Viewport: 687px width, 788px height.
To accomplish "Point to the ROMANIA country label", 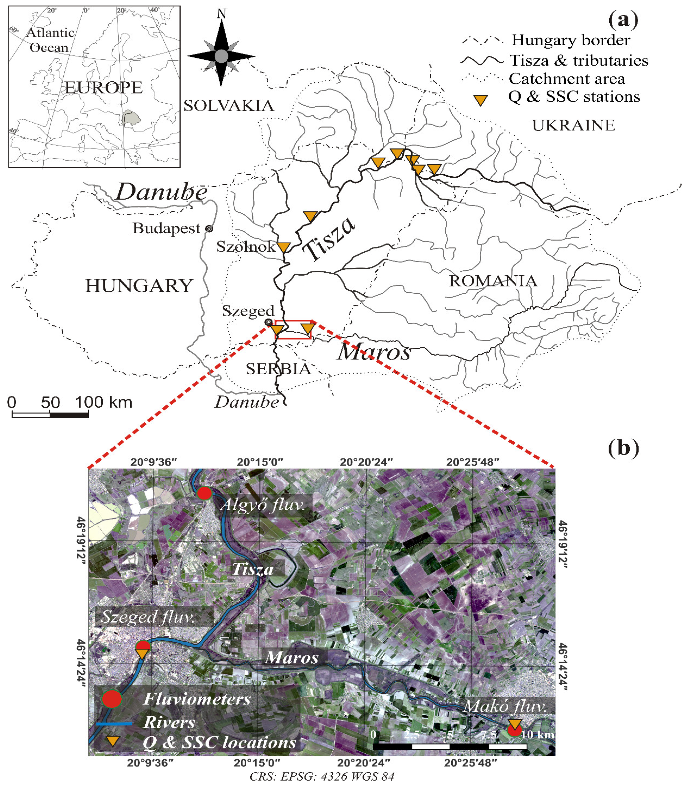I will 493,281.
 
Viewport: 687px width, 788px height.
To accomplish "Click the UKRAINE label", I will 573,125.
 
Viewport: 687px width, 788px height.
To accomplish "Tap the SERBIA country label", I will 278,369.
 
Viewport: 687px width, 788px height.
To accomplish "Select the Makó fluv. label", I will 504,706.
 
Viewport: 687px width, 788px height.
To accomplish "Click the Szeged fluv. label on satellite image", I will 148,617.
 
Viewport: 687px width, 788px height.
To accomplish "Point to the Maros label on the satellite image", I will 292,657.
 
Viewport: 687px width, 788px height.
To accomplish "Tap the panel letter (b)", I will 623,448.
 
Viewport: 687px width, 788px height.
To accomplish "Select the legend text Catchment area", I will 567,79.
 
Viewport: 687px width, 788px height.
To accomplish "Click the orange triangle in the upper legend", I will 480,100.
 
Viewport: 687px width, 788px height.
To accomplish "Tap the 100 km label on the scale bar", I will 104,402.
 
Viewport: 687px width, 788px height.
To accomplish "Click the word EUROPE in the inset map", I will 104,88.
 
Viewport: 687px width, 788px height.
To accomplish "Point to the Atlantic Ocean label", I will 50,40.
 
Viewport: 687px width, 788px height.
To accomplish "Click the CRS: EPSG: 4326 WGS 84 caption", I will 321,776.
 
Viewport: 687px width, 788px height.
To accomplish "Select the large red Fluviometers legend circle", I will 112,699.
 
